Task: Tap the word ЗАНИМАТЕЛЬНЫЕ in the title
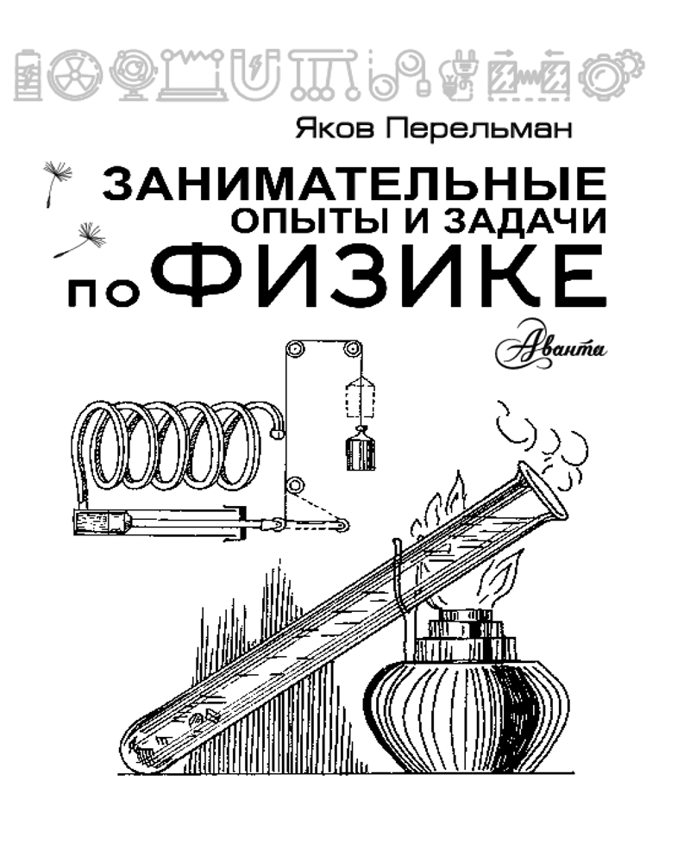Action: [x=354, y=184]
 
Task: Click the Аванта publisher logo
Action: [x=551, y=346]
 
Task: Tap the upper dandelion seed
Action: [x=57, y=182]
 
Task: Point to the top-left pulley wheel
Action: [x=295, y=350]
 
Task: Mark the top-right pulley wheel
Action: [x=352, y=349]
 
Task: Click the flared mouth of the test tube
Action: [x=543, y=493]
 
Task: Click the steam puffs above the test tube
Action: [x=542, y=434]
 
